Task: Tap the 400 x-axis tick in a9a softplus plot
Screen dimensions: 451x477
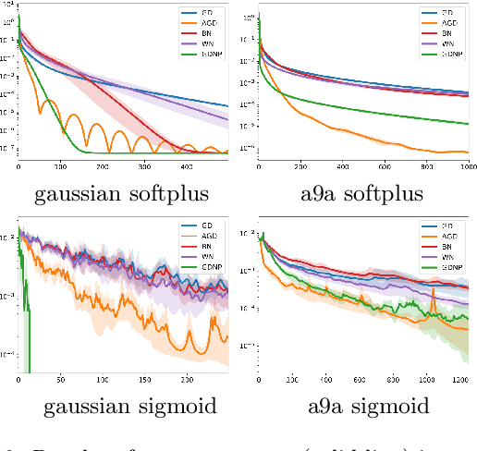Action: [343, 167]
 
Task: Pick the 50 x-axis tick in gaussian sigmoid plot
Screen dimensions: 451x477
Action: [60, 379]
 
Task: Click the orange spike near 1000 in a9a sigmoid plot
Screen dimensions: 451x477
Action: [431, 294]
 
